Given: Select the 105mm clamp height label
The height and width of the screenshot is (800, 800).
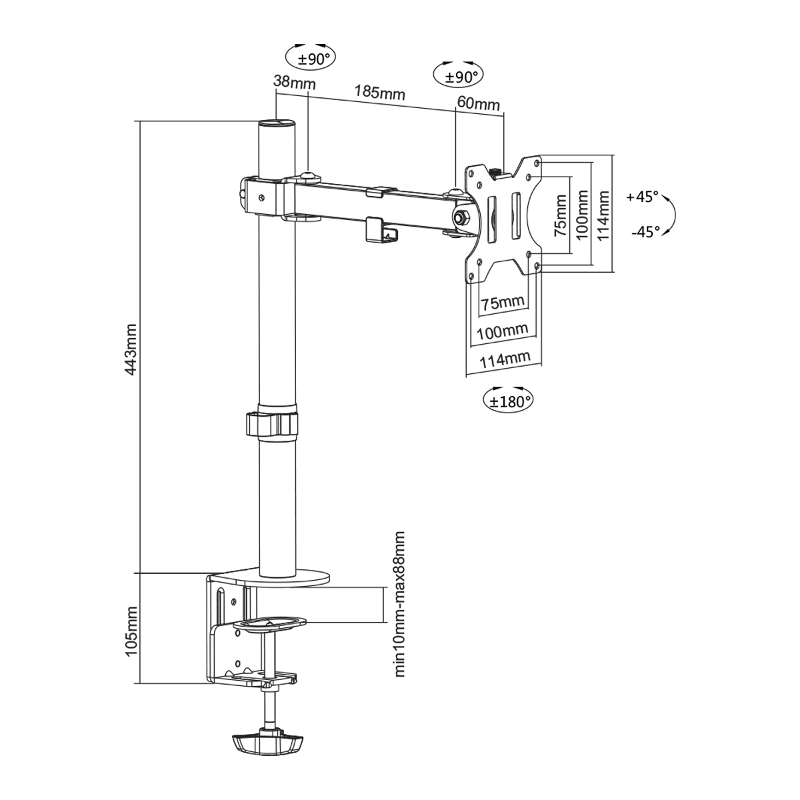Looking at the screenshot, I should [131, 631].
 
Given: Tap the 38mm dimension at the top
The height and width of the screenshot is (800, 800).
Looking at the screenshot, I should [294, 83].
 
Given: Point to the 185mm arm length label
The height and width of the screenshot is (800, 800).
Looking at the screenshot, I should [379, 91].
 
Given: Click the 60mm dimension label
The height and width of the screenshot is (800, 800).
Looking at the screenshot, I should [478, 103].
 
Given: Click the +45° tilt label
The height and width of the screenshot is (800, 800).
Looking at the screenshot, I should [643, 197].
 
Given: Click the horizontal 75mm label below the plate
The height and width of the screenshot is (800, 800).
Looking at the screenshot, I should [503, 303].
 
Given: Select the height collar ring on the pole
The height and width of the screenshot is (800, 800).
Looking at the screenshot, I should [272, 424].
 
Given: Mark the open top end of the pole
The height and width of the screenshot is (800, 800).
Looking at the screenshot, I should [276, 123].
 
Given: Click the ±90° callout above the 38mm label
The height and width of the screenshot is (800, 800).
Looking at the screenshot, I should [311, 58].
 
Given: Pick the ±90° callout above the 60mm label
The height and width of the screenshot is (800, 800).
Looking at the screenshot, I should [459, 76].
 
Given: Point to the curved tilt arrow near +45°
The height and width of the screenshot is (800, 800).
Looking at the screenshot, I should [671, 215].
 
